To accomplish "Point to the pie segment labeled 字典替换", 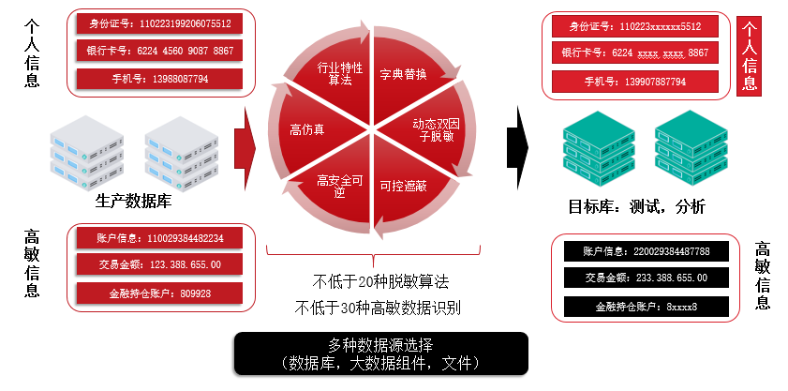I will coord(405,74).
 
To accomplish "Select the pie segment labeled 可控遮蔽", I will coord(405,186).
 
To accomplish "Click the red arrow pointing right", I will coord(246,142).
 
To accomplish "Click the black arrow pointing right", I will coord(518,140).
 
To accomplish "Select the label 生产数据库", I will coord(133,200).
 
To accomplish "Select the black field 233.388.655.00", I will coord(646,278).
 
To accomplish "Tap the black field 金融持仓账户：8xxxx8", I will coord(646,307).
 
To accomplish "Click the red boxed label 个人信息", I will coord(751,56).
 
